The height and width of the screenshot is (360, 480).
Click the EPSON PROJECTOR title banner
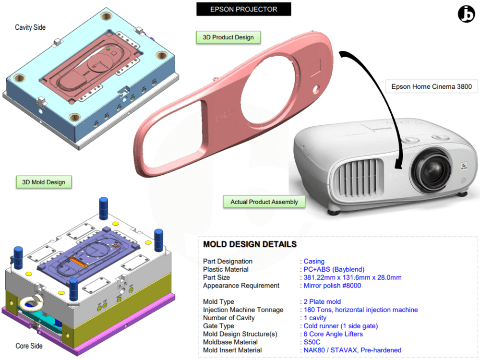(243, 9)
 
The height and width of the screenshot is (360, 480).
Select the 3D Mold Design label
(44, 182)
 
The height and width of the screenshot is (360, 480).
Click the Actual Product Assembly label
(264, 202)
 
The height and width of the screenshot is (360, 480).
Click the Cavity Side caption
(30, 27)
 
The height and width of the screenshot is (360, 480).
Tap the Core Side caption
(29, 346)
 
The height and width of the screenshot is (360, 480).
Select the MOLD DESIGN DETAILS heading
(250, 244)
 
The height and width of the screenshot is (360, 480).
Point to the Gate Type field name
(219, 326)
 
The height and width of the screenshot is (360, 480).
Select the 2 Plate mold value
(322, 302)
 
